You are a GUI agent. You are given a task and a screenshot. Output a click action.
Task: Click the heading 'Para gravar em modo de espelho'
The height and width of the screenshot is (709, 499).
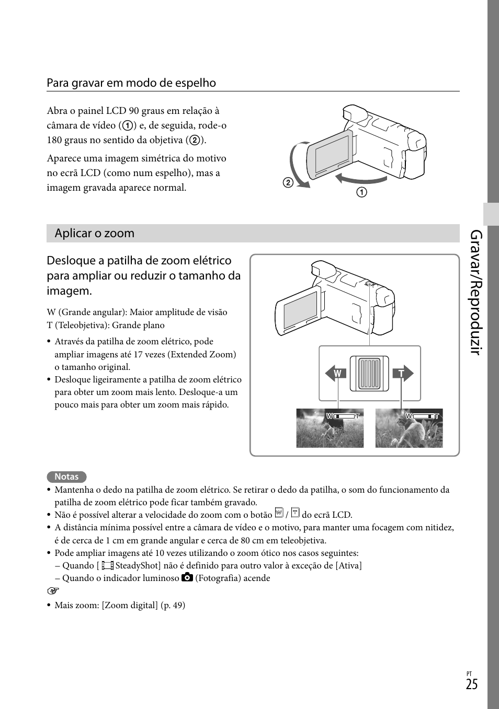click(131, 83)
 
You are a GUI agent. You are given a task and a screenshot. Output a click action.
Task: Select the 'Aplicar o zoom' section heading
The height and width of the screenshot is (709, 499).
click(95, 234)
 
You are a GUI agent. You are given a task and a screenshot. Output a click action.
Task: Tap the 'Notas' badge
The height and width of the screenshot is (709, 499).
click(66, 476)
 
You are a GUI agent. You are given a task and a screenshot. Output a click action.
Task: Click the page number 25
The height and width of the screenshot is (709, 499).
click(471, 685)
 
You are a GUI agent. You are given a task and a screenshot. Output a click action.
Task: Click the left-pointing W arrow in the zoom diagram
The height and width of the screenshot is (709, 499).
click(336, 374)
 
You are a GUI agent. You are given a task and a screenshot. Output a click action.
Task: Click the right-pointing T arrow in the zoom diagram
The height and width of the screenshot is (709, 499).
click(403, 374)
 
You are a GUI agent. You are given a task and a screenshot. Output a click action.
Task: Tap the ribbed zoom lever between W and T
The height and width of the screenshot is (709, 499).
click(369, 373)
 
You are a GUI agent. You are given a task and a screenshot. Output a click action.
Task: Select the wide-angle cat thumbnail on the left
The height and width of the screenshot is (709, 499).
click(330, 428)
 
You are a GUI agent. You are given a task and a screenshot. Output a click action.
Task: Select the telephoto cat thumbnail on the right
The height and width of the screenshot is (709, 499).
click(409, 428)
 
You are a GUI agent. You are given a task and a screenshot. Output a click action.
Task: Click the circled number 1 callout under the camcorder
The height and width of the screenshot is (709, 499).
click(362, 192)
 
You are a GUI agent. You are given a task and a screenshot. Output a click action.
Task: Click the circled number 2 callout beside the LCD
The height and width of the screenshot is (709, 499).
click(288, 182)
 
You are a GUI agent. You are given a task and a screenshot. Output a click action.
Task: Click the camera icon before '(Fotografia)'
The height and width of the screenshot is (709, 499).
click(187, 577)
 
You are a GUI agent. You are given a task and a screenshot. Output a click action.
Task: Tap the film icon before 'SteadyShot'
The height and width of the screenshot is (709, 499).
click(107, 565)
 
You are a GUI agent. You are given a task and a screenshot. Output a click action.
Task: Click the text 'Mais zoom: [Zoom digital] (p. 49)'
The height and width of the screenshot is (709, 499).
click(120, 605)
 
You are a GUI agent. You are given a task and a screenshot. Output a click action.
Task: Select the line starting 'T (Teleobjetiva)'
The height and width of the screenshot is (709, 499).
click(106, 325)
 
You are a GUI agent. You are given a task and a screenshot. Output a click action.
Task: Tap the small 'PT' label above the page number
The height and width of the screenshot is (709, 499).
click(469, 674)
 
